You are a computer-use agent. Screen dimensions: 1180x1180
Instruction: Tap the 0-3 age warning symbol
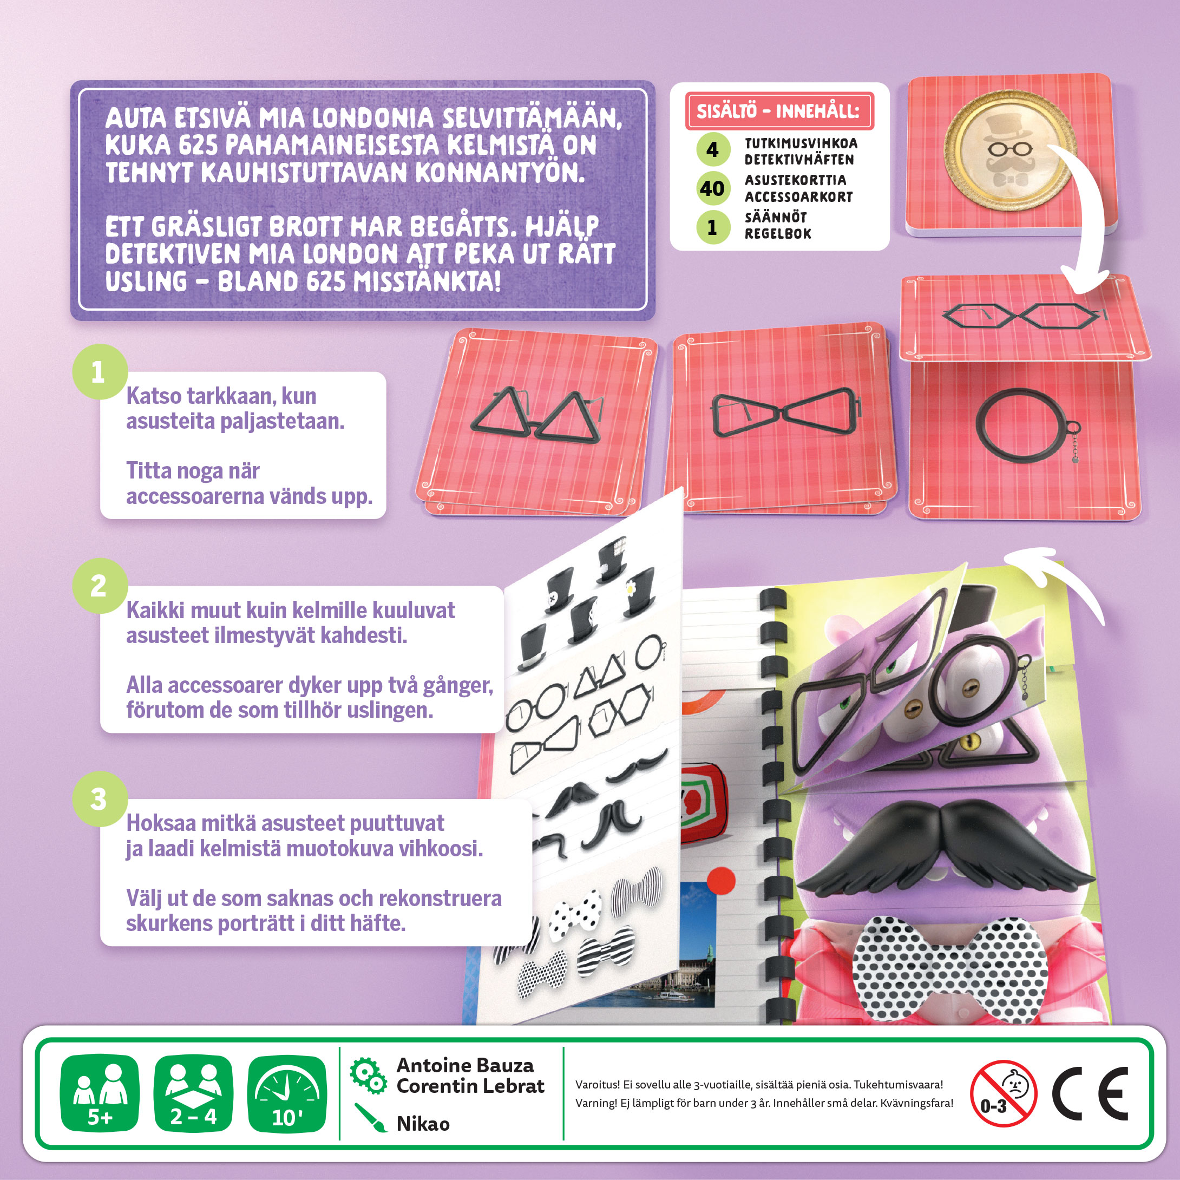[x=1004, y=1093]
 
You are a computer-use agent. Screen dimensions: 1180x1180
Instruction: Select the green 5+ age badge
[x=100, y=1093]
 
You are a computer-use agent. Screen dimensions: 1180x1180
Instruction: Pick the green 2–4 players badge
[x=193, y=1093]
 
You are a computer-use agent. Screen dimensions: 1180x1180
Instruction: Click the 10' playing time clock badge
[x=287, y=1093]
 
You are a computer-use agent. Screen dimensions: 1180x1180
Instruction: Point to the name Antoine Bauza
[x=465, y=1065]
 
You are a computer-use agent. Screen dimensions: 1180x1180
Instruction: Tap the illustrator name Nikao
[x=423, y=1123]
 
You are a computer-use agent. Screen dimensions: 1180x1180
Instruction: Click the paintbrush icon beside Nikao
[x=370, y=1118]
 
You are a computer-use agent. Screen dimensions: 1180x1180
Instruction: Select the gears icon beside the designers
[x=368, y=1075]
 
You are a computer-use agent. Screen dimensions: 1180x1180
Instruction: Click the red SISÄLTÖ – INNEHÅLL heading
[x=779, y=111]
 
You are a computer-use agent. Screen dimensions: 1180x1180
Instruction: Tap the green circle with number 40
[x=713, y=189]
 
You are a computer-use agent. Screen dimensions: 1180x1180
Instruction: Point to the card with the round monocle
[x=1024, y=440]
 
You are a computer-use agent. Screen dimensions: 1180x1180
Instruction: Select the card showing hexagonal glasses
[x=1024, y=318]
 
